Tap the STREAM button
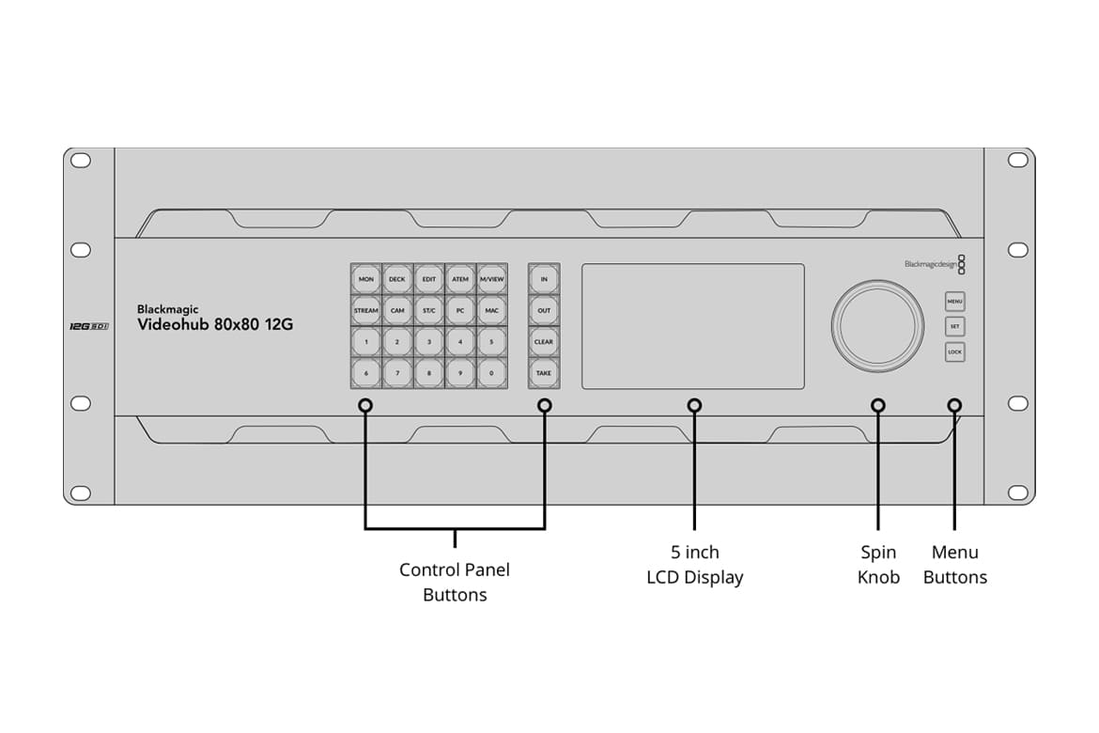366,310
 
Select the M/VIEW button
491,279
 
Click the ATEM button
460,279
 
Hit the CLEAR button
544,342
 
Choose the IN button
544,279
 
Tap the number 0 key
491,373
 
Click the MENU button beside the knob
954,303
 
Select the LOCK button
954,352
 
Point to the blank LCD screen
693,326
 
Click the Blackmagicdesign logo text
929,264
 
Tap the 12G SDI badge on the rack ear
89,326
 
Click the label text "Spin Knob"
878,565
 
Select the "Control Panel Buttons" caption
455,582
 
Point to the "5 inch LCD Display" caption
694,565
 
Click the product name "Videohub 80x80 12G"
215,325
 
